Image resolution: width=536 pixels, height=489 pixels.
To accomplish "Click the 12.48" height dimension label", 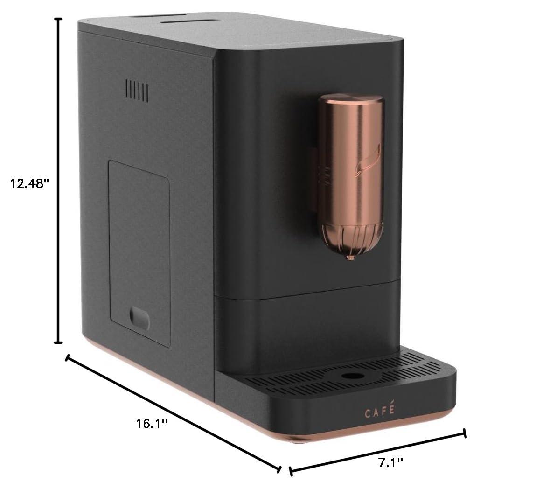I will pos(30,183).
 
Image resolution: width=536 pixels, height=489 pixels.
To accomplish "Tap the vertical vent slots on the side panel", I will pos(137,91).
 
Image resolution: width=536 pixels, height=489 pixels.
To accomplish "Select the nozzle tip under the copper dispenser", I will pos(348,258).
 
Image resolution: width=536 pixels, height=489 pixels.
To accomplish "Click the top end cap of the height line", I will pos(58,19).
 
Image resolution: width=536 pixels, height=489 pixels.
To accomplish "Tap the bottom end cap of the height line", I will pos(58,342).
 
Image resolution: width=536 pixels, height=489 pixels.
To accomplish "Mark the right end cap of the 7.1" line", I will pos(464,433).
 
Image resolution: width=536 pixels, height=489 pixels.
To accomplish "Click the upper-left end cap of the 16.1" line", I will pos(68,358).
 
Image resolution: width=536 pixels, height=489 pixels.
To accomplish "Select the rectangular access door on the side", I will pos(139,252).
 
